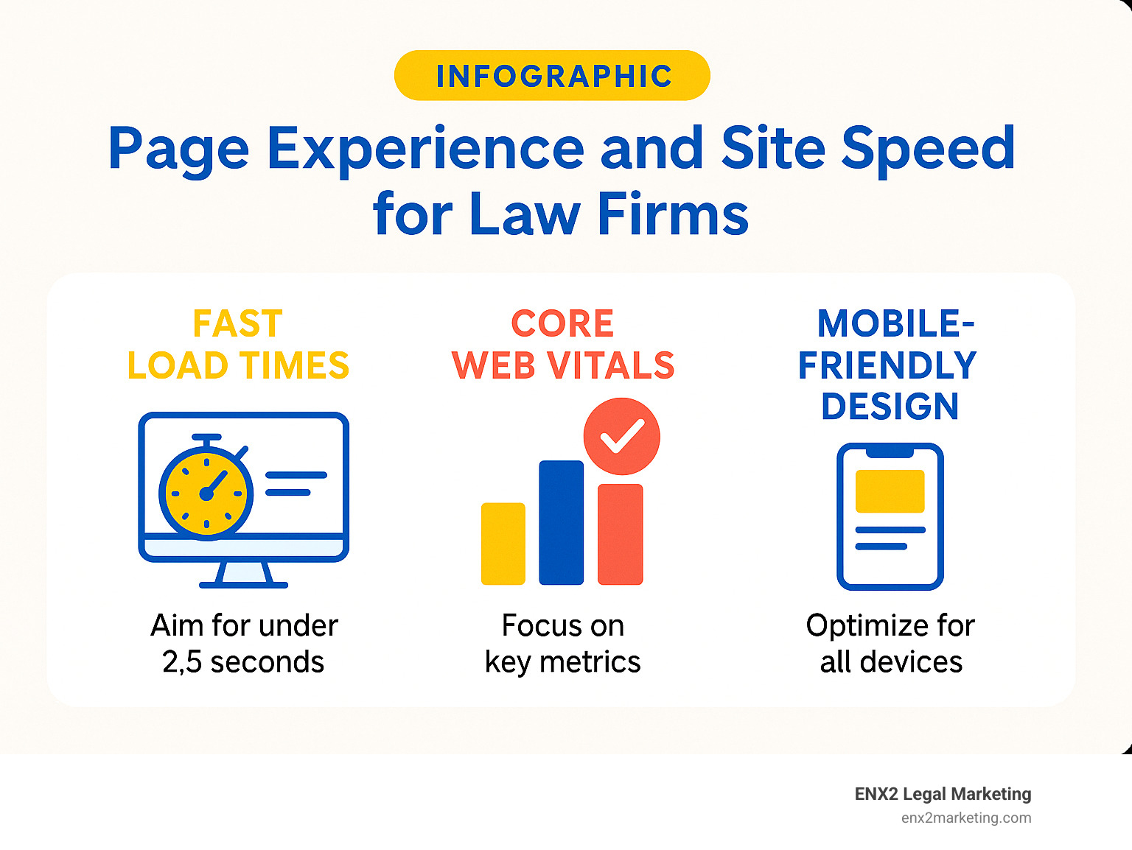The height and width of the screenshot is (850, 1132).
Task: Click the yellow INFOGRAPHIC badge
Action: (x=552, y=76)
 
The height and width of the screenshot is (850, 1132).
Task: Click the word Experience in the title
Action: (x=425, y=150)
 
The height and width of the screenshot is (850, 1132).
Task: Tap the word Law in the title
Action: (x=524, y=214)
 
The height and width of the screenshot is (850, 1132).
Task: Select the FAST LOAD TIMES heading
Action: (x=238, y=345)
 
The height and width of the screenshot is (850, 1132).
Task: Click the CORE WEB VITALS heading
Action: (x=563, y=345)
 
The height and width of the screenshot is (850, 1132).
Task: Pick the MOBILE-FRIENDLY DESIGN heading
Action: (x=889, y=365)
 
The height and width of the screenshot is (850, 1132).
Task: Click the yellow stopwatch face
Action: (x=206, y=493)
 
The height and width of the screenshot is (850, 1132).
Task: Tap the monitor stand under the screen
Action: (x=243, y=575)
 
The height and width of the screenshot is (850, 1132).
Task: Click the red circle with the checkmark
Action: (x=621, y=436)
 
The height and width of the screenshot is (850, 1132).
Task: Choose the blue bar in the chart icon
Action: (x=561, y=522)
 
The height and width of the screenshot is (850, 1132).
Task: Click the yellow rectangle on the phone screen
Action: (x=890, y=491)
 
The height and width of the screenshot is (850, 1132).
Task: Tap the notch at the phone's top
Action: (x=890, y=452)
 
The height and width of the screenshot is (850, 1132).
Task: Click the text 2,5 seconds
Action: (x=243, y=662)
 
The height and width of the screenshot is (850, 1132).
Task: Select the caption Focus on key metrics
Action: (x=563, y=644)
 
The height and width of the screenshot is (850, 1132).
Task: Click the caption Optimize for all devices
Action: (x=890, y=644)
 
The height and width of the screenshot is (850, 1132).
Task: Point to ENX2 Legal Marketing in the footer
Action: (x=943, y=794)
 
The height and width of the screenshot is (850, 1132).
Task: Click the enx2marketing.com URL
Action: (x=965, y=818)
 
